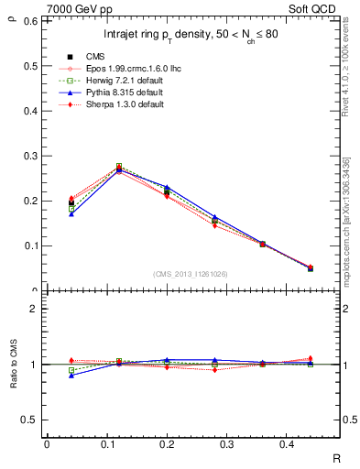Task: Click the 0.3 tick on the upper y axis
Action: (x=31, y=156)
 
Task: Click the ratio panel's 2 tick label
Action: (x=35, y=309)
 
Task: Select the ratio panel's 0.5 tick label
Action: (x=31, y=420)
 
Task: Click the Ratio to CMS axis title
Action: (x=13, y=364)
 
